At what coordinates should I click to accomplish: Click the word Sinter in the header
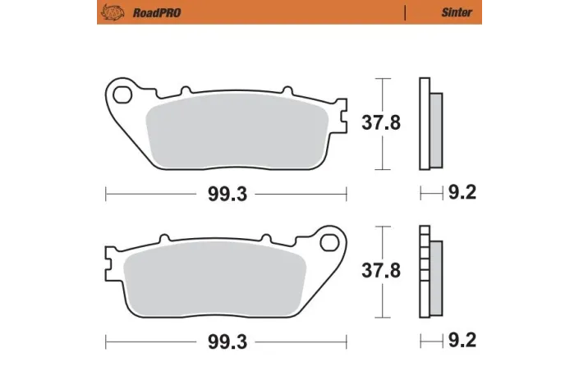(x=457, y=12)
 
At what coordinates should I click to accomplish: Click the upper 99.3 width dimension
(x=226, y=194)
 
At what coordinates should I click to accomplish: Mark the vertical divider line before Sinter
(x=405, y=12)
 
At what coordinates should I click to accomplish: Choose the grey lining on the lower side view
(x=436, y=277)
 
